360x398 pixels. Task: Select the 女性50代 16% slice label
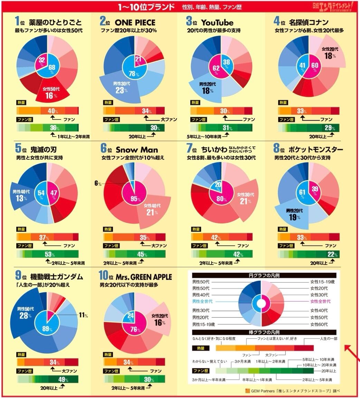pyautogui.click(x=49, y=93)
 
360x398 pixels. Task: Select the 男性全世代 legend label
pyautogui.click(x=202, y=301)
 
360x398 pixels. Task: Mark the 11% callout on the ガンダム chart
pyautogui.click(x=83, y=315)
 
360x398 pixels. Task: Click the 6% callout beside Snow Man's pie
pyautogui.click(x=98, y=184)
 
